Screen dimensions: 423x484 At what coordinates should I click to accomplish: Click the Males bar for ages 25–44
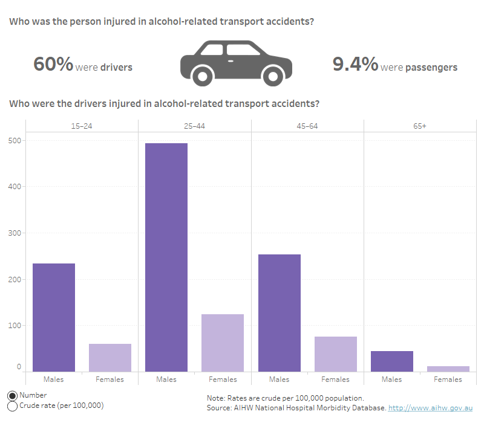tap(166, 257)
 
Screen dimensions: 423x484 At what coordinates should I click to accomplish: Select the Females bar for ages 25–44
tap(223, 343)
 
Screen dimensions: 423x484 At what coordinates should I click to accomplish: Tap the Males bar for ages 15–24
tap(54, 317)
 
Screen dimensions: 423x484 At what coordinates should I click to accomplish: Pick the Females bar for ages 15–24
tap(110, 357)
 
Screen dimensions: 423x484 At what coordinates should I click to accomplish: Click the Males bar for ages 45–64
tap(280, 312)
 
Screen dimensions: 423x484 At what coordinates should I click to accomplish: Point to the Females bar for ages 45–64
tap(336, 354)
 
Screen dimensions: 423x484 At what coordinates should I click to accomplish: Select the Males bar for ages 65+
tap(392, 361)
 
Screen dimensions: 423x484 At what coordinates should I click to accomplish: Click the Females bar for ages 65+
tap(448, 369)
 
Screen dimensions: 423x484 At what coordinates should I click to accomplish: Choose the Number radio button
tap(13, 395)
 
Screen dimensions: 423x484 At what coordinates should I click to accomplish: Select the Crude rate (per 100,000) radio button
tap(13, 405)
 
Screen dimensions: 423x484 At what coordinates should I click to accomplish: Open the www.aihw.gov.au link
tap(430, 408)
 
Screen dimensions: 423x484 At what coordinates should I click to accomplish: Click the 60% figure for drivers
tap(53, 65)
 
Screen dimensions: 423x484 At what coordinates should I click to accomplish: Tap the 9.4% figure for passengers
tap(356, 65)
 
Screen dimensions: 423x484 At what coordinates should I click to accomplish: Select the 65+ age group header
tap(420, 126)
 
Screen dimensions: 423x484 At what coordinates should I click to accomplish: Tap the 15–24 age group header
tap(82, 126)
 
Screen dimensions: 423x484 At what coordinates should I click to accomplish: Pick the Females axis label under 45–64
tap(336, 379)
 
